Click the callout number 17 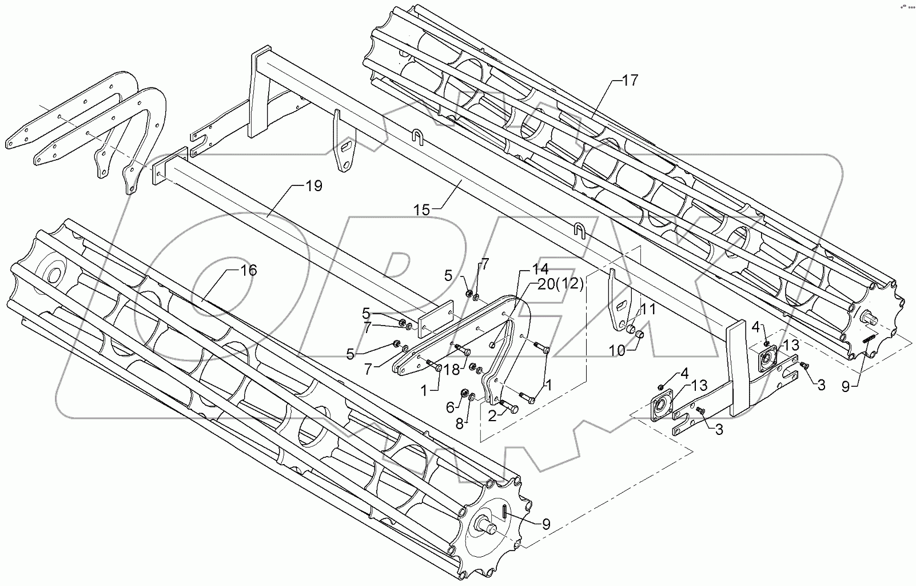coord(630,81)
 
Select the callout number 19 coord(314,186)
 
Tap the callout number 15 coord(421,210)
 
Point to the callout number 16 coord(249,270)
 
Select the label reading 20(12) coord(560,285)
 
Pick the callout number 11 coord(647,310)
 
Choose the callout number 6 coord(451,407)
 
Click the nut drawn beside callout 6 coord(464,394)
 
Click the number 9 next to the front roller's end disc coord(546,524)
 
